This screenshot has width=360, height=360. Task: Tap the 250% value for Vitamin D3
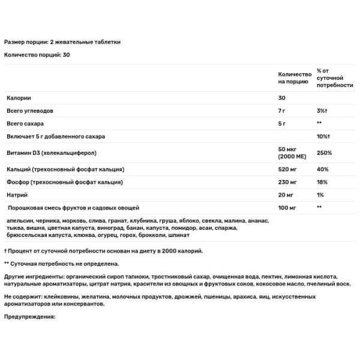[x=325, y=152]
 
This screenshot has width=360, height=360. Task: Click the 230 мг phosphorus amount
[x=289, y=181]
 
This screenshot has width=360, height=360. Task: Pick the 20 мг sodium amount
[x=286, y=195]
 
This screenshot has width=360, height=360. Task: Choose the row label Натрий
[x=17, y=195]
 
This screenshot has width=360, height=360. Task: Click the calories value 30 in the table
[x=282, y=97]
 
